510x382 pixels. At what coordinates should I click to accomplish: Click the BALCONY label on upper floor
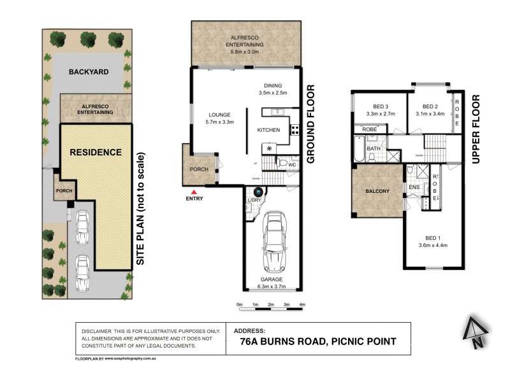coord(377,191)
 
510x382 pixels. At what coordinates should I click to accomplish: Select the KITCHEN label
coord(268,130)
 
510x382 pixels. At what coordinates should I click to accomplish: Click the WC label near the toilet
coord(293,166)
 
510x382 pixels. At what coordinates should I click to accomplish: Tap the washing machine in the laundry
coord(259,192)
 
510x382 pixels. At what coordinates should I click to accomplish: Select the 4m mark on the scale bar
coord(302,304)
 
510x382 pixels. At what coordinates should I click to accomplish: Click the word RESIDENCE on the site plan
coord(96,152)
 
